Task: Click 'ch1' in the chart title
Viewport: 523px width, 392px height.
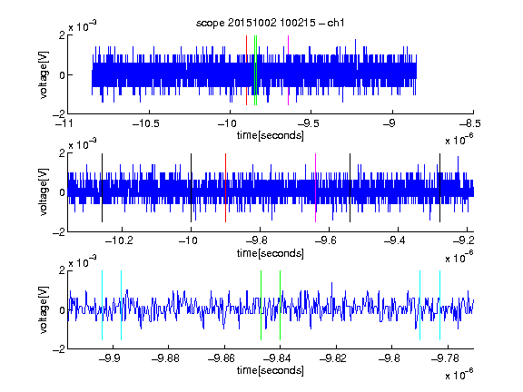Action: pos(336,23)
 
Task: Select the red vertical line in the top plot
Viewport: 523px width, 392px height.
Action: pos(246,71)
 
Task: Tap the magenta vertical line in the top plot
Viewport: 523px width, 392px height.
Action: pos(288,71)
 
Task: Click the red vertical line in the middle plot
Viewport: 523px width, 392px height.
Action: pos(225,188)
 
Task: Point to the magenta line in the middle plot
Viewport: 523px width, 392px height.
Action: pos(316,188)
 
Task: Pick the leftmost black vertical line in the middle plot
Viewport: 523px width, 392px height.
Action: pos(102,188)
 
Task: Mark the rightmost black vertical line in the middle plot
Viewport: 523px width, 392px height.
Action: pos(440,187)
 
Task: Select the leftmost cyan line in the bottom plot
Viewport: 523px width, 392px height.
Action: pos(102,305)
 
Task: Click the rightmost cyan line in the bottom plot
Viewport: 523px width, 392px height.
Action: pos(440,305)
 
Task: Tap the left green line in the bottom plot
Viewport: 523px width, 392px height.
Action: pos(261,305)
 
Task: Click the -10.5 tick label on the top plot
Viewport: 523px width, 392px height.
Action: pos(146,123)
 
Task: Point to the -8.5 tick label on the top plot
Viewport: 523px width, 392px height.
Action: pos(470,123)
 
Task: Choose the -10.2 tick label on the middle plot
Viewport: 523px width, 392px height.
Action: pos(119,240)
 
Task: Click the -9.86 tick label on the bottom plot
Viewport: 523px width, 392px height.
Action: pos(222,358)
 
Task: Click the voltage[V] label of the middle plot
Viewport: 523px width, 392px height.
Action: pos(44,192)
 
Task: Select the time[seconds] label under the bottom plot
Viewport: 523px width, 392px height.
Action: pos(271,370)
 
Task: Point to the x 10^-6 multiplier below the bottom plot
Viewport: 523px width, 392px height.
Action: pos(459,373)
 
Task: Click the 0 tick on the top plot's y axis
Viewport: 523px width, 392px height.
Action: pos(62,75)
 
